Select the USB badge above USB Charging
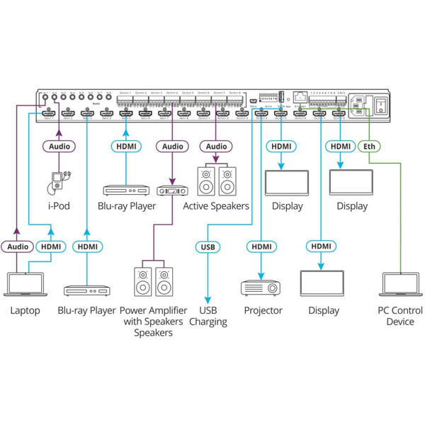pyautogui.click(x=208, y=246)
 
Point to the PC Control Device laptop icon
pyautogui.click(x=401, y=285)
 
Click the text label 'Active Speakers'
pyautogui.click(x=216, y=206)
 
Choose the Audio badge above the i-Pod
pyautogui.click(x=58, y=147)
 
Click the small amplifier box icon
pyautogui.click(x=171, y=191)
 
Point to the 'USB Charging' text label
pyautogui.click(x=208, y=316)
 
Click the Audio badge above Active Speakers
pyautogui.click(x=216, y=147)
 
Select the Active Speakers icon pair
pyautogui.click(x=216, y=180)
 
